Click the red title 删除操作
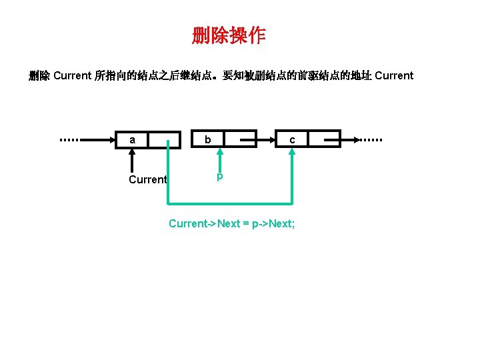(229, 35)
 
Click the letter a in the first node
(133, 140)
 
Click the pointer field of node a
(164, 139)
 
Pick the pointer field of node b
(240, 139)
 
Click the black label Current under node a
(147, 179)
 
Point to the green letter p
(219, 177)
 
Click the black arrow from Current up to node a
(133, 160)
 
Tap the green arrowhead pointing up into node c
(292, 152)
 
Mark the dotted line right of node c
(369, 140)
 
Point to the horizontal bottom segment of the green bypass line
(230, 203)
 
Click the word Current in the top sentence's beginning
(72, 75)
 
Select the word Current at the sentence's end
(394, 75)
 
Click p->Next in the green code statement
(273, 223)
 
